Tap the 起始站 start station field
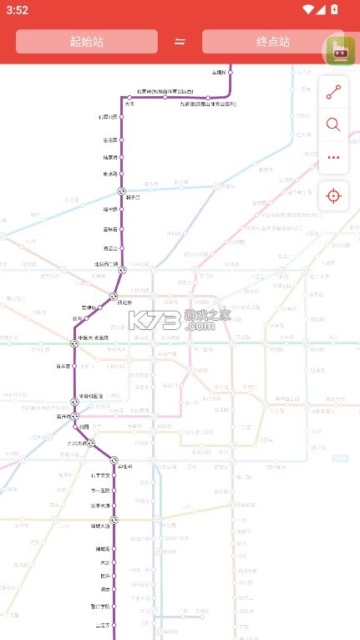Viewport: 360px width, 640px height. click(x=87, y=42)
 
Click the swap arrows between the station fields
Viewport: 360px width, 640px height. click(x=180, y=42)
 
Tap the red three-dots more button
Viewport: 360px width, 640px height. click(x=333, y=157)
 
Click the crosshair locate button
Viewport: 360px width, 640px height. click(x=333, y=196)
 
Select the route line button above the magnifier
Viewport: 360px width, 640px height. click(x=333, y=93)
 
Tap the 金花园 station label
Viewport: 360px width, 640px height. click(x=109, y=140)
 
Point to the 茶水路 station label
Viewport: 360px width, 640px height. click(x=109, y=174)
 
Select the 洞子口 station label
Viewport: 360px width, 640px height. click(x=133, y=197)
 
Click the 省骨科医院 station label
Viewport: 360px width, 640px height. click(x=91, y=396)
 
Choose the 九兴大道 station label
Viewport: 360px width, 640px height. click(x=78, y=444)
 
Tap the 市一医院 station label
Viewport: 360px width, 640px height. click(x=100, y=490)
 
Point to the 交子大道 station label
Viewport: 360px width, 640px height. click(x=100, y=505)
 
